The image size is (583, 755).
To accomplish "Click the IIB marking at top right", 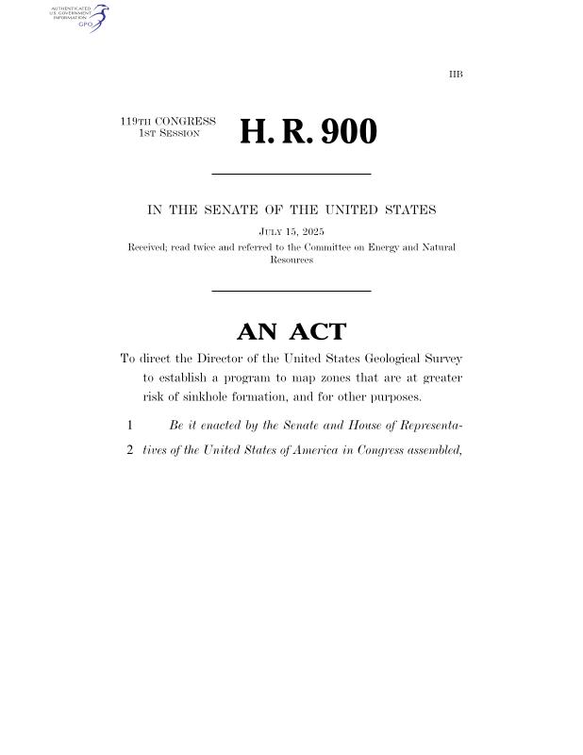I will (x=456, y=74).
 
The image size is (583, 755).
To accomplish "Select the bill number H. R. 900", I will (x=308, y=132).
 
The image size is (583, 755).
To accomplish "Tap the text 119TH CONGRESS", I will (x=168, y=122).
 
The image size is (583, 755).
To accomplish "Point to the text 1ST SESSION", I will (x=169, y=134).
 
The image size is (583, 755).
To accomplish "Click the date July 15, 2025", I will (x=291, y=231).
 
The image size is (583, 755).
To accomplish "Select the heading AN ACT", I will (x=291, y=331).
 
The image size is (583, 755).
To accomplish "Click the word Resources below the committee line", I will (x=291, y=260).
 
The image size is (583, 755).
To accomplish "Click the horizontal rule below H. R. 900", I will (x=291, y=175).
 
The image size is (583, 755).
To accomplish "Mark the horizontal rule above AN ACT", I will (x=291, y=291).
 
